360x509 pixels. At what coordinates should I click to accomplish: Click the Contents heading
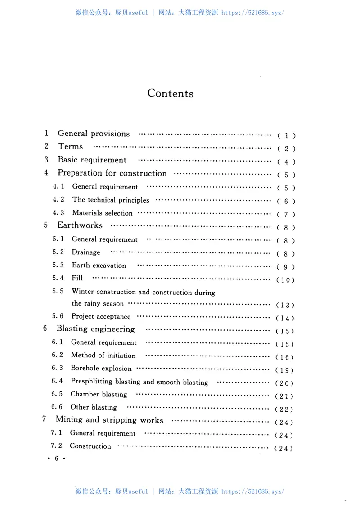pyautogui.click(x=171, y=94)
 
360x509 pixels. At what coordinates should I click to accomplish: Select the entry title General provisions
pyautogui.click(x=94, y=134)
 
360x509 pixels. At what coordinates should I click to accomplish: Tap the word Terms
pyautogui.click(x=71, y=146)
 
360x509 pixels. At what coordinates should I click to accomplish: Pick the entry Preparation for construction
pyautogui.click(x=112, y=173)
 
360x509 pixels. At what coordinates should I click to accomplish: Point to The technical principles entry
pyautogui.click(x=111, y=200)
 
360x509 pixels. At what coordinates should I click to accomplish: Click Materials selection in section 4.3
pyautogui.click(x=102, y=213)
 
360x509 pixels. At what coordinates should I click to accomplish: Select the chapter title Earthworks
pyautogui.click(x=80, y=225)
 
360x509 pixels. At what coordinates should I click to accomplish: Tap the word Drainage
pyautogui.click(x=86, y=252)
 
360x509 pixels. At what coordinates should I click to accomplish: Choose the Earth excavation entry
pyautogui.click(x=99, y=266)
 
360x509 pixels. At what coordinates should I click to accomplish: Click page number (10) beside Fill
pyautogui.click(x=285, y=280)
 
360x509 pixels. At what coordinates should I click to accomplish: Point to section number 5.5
pyautogui.click(x=58, y=292)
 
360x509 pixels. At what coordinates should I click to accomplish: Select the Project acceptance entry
pyautogui.click(x=101, y=317)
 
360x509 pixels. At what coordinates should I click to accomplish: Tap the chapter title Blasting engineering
pyautogui.click(x=95, y=329)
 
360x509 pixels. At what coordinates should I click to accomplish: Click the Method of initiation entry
pyautogui.click(x=103, y=356)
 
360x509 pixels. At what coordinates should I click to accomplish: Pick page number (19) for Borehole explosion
pyautogui.click(x=284, y=370)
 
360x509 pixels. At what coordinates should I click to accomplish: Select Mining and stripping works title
pyautogui.click(x=109, y=420)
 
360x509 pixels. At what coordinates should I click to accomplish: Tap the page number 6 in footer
pyautogui.click(x=57, y=459)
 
